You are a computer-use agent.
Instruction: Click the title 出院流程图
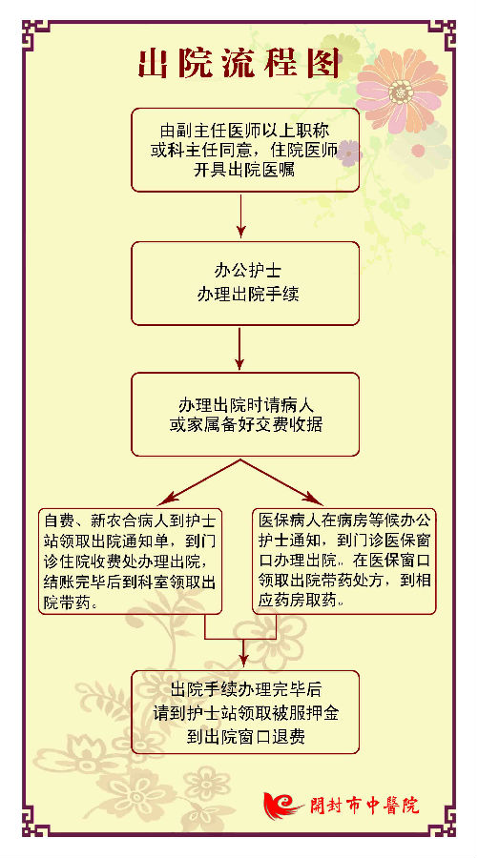pyautogui.click(x=239, y=65)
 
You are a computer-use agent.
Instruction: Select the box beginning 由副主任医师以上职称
pyautogui.click(x=245, y=150)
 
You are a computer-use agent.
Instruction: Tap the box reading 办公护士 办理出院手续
pyautogui.click(x=245, y=283)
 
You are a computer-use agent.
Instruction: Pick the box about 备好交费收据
pyautogui.click(x=245, y=415)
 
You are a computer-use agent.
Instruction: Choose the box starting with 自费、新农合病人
pyautogui.click(x=131, y=561)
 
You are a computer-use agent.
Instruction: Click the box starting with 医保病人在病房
pyautogui.click(x=343, y=561)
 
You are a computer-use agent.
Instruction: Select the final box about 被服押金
pyautogui.click(x=245, y=712)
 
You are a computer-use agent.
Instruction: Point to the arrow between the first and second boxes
pyautogui.click(x=240, y=216)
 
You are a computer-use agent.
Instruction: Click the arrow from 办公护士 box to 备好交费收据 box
pyautogui.click(x=239, y=349)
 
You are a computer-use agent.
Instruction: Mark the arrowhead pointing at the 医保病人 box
pyautogui.click(x=314, y=498)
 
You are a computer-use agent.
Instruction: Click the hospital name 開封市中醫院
pyautogui.click(x=364, y=806)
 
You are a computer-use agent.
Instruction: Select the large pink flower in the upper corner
pyautogui.click(x=402, y=91)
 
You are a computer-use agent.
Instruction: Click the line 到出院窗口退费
pyautogui.click(x=246, y=737)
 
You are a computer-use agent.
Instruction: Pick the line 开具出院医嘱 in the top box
pyautogui.click(x=245, y=169)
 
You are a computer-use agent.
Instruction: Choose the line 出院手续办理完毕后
pyautogui.click(x=246, y=688)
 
